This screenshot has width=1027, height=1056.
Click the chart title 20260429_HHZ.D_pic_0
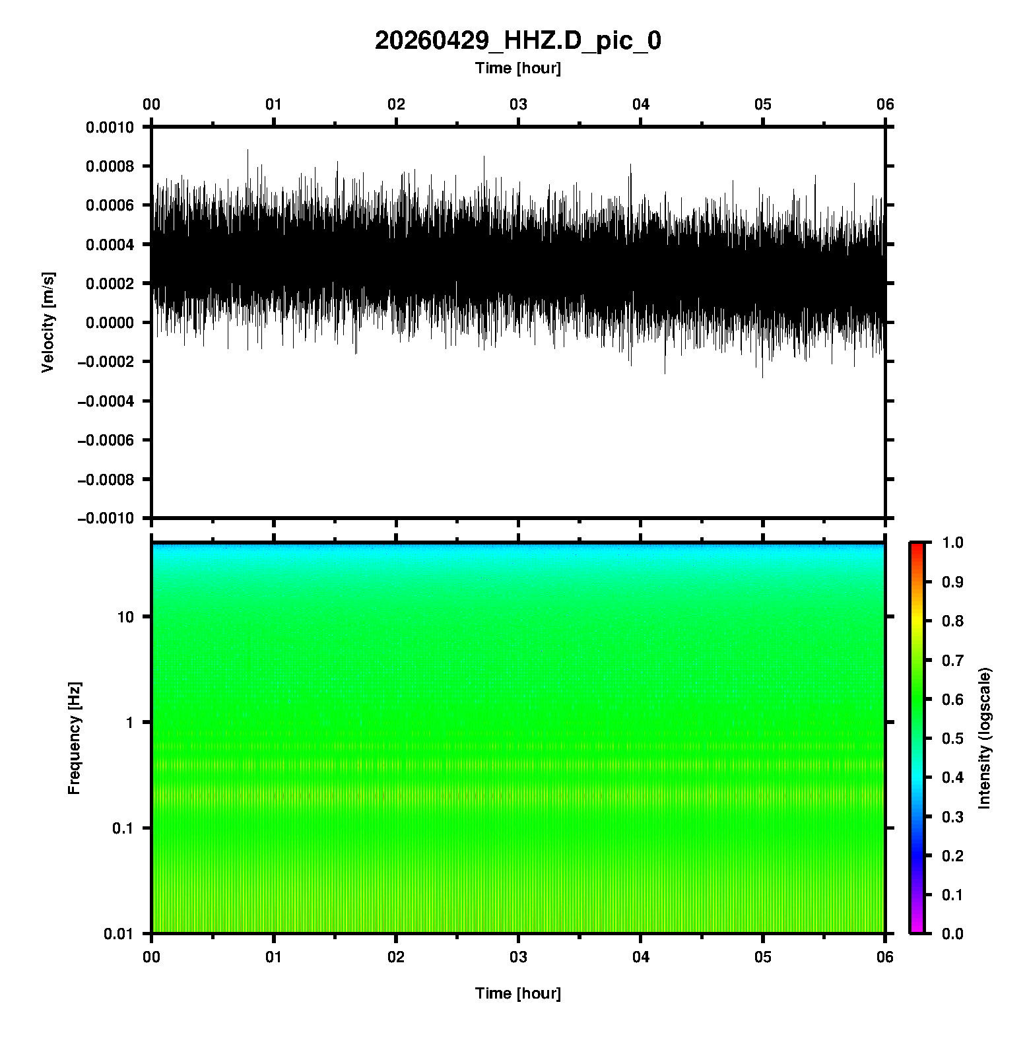[517, 41]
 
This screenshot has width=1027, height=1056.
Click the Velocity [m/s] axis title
[48, 322]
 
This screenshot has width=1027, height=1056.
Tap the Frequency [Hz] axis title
[74, 739]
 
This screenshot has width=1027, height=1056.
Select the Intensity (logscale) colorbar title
[985, 738]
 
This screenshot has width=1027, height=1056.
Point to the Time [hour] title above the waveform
[517, 68]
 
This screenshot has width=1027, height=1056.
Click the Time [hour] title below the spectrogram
[517, 993]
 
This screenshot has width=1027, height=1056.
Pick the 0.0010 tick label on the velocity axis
[110, 127]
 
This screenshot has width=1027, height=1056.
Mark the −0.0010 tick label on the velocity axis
[106, 519]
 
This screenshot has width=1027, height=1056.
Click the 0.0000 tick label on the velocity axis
[110, 323]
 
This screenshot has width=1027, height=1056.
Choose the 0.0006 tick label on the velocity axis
[110, 205]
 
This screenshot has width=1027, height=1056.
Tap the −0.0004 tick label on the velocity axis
[106, 401]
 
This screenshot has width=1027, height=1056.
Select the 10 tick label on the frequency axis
[125, 617]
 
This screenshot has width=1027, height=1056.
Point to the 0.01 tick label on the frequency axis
[119, 933]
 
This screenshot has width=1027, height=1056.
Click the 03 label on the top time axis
[519, 104]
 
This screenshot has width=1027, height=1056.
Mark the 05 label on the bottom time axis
[763, 957]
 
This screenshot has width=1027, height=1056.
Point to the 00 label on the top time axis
[152, 104]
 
